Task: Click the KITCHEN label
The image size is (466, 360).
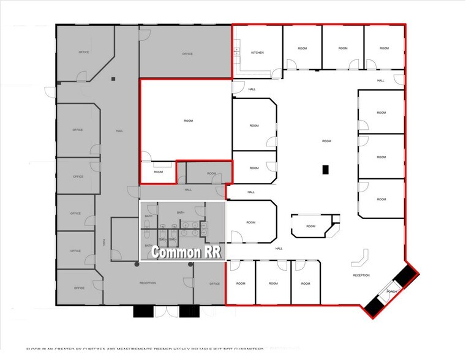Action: point(257,53)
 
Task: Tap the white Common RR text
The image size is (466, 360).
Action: point(186,251)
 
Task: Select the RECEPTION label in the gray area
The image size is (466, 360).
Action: point(148,283)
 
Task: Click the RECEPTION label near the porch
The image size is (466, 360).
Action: point(361,276)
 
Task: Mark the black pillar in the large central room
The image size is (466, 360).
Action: point(326,170)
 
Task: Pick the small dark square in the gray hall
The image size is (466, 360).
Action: point(113,79)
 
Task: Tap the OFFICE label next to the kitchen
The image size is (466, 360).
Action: point(187,54)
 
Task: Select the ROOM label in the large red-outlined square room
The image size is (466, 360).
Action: point(188,121)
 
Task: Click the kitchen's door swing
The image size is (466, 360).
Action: point(277,73)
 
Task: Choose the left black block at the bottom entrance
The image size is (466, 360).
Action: point(142,311)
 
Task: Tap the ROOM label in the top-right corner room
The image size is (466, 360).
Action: point(384,48)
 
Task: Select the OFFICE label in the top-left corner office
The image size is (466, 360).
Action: point(84,52)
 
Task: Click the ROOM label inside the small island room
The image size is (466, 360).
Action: point(310,226)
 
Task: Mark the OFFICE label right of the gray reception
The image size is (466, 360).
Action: point(214,283)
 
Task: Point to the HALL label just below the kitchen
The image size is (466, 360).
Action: point(252,89)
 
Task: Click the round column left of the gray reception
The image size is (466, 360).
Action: point(135,264)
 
